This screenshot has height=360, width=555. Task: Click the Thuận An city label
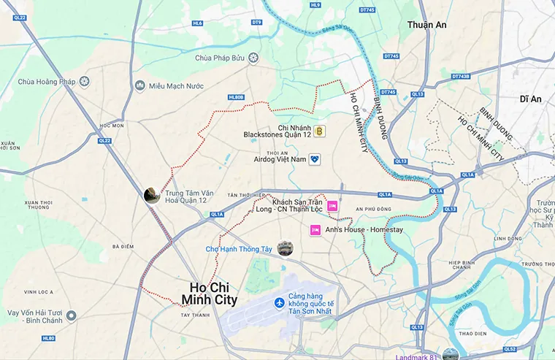pyautogui.click(x=427, y=24)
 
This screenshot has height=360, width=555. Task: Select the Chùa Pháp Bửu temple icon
pyautogui.click(x=253, y=58)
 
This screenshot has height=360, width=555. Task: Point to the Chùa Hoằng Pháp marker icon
pyautogui.click(x=85, y=81)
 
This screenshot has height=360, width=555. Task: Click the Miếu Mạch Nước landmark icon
pyautogui.click(x=140, y=86)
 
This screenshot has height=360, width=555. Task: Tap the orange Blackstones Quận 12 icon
pyautogui.click(x=319, y=131)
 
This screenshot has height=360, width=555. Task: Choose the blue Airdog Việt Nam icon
pyautogui.click(x=315, y=158)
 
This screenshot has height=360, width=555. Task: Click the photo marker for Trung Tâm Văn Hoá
pyautogui.click(x=152, y=195)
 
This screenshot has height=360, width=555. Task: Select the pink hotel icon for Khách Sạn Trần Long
pyautogui.click(x=333, y=206)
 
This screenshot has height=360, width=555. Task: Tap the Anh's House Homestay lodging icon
pyautogui.click(x=315, y=230)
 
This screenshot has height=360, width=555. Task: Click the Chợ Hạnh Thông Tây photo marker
pyautogui.click(x=285, y=248)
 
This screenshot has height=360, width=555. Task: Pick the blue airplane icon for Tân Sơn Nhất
pyautogui.click(x=278, y=303)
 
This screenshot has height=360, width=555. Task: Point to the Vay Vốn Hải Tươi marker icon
pyautogui.click(x=71, y=315)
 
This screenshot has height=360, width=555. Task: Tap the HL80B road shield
pyautogui.click(x=236, y=96)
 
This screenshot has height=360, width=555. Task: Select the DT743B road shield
pyautogui.click(x=461, y=76)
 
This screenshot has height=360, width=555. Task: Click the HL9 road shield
pyautogui.click(x=315, y=5)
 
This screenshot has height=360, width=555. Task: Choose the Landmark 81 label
pyautogui.click(x=418, y=356)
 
